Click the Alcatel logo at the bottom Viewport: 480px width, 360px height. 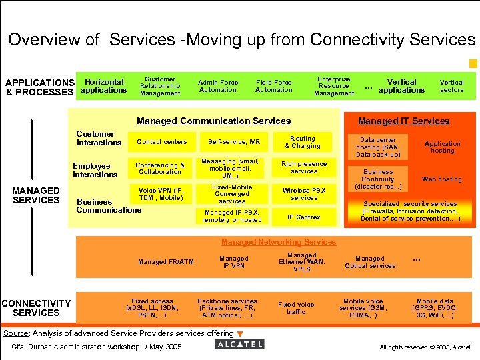click(240, 344)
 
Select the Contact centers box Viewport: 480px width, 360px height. click(161, 142)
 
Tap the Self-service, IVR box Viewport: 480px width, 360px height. click(233, 142)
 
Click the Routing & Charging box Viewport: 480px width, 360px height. click(303, 142)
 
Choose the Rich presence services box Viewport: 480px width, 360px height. click(304, 167)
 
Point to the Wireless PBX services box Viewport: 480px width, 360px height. click(304, 194)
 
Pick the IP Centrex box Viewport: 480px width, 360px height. click(304, 217)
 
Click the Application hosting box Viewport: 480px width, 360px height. click(442, 147)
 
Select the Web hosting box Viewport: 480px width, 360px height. click(441, 179)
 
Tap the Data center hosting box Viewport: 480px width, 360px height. click(378, 147)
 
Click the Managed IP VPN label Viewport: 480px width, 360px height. click(233, 262)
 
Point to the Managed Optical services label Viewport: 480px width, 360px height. click(370, 262)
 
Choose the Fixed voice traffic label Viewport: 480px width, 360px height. click(296, 308)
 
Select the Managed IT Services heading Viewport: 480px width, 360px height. click(403, 121)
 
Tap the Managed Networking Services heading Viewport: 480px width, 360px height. click(279, 241)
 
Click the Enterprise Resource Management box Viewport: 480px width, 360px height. click(334, 86)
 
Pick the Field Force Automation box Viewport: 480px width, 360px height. click(273, 86)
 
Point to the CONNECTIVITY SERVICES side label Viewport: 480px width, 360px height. click(36, 308)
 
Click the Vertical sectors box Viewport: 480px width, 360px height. click(451, 86)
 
